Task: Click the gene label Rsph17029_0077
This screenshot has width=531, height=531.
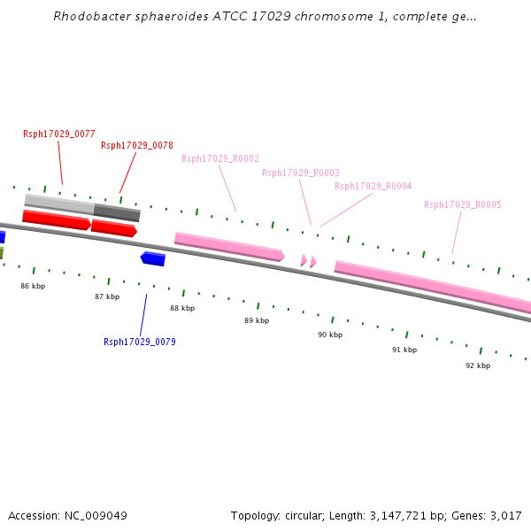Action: click(59, 134)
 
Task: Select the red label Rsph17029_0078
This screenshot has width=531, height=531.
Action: click(137, 145)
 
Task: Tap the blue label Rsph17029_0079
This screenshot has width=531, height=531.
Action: click(140, 342)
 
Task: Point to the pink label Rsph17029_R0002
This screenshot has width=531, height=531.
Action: click(220, 158)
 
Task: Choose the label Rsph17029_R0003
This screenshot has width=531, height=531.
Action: click(301, 173)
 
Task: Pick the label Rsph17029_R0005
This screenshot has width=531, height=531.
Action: click(463, 204)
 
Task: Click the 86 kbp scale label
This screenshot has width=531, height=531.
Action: click(33, 286)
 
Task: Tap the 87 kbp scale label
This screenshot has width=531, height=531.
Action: click(107, 296)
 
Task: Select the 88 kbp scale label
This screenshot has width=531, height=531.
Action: click(182, 308)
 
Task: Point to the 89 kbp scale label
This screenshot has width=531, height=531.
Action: click(257, 320)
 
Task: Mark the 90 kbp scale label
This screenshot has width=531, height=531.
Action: click(330, 335)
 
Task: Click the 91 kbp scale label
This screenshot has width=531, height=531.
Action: click(404, 350)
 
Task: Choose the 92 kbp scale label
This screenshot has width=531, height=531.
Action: click(478, 366)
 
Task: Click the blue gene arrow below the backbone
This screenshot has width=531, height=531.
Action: click(153, 258)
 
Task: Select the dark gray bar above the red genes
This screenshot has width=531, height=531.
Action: click(117, 212)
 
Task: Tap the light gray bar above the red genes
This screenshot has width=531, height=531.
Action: click(59, 204)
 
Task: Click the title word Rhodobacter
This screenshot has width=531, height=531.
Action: click(92, 16)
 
